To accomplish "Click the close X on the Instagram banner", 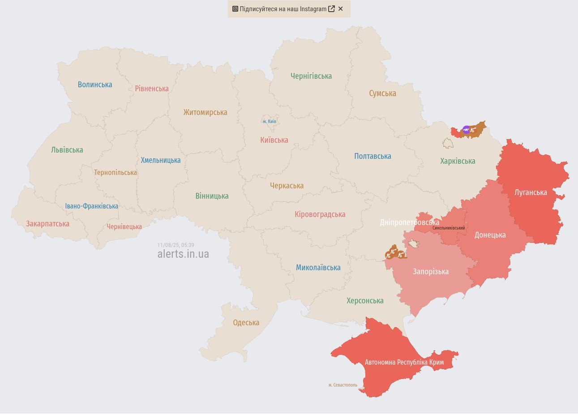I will (x=341, y=9).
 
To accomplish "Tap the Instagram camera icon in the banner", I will (x=235, y=9).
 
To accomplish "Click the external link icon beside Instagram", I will (x=331, y=9).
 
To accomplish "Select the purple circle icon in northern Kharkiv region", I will (x=466, y=130).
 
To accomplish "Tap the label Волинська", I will (x=95, y=85).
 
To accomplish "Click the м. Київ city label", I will (x=270, y=121).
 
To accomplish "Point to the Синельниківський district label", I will (x=449, y=228).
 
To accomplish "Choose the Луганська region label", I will (x=531, y=192).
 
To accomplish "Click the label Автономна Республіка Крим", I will (x=404, y=362).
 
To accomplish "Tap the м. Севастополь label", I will (x=343, y=385).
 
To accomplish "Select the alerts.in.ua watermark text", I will (x=183, y=254).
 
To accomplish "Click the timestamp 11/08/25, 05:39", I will (x=176, y=245).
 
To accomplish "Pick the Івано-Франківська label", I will (x=92, y=206).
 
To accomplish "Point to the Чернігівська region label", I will (x=311, y=76).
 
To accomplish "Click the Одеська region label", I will (x=246, y=323).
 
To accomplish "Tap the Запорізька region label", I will (x=431, y=272).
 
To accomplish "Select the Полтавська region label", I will (x=372, y=156).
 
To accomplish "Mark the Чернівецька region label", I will (x=124, y=227).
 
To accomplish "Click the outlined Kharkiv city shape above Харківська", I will (x=448, y=143).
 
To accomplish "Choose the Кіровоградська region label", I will (x=320, y=214).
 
